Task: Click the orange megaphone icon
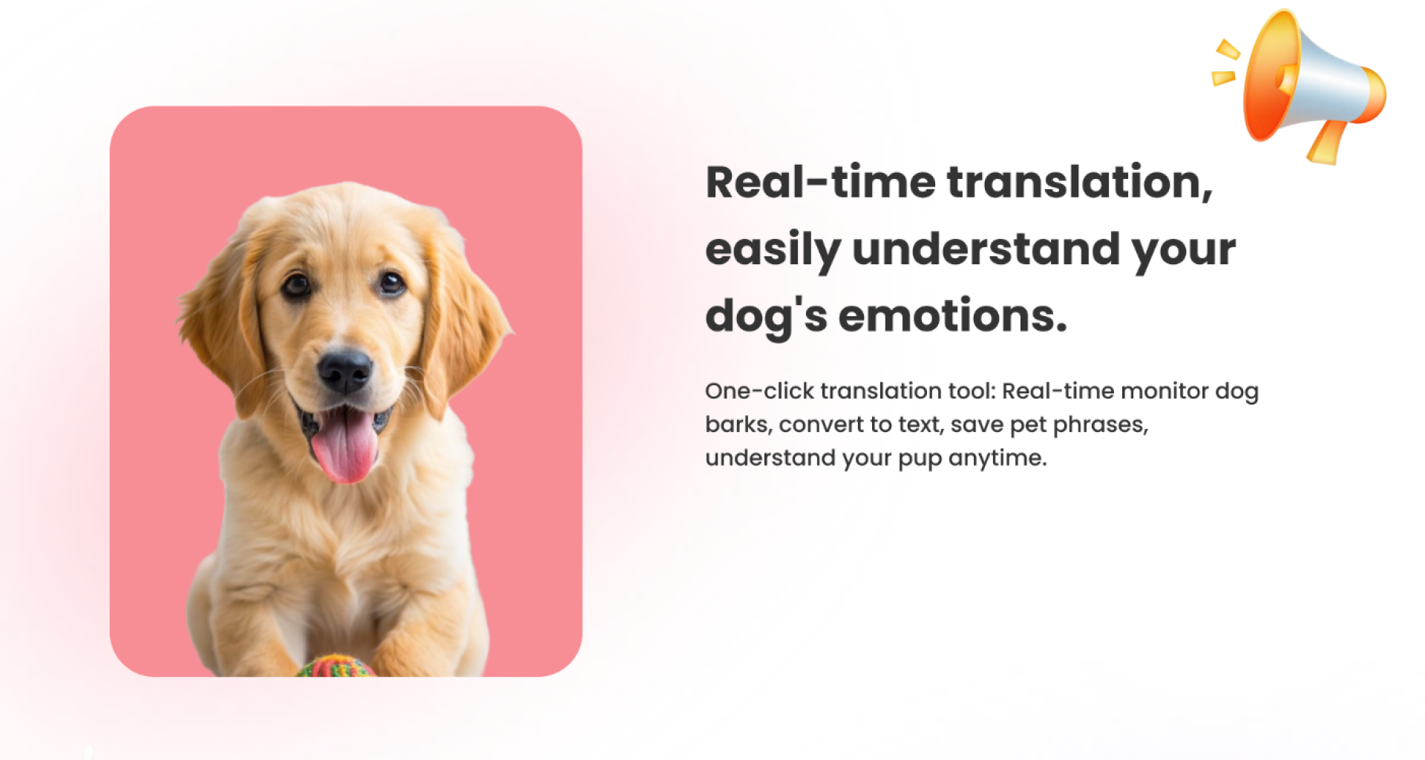pos(1299,86)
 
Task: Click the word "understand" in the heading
pos(986,249)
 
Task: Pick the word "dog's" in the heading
pos(767,316)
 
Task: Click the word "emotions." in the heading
pos(953,315)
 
